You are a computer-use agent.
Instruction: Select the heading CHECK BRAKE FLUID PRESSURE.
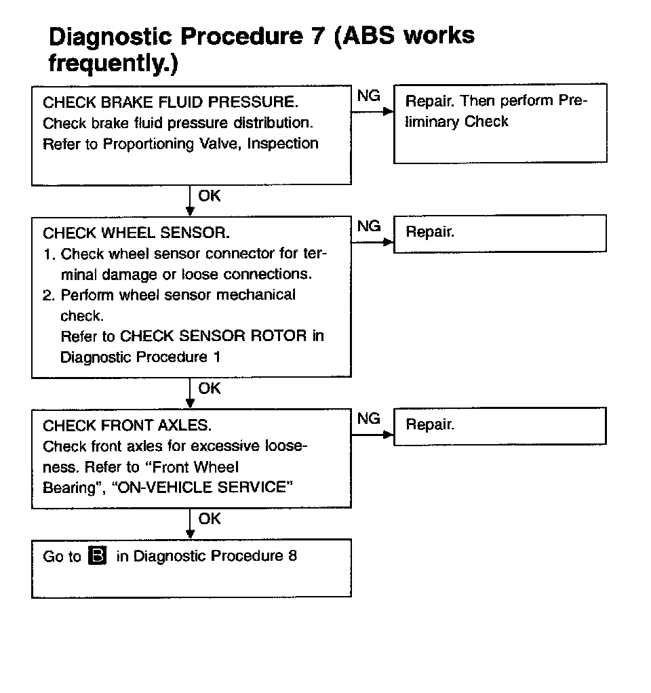coord(170,102)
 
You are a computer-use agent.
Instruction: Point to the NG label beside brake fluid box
coord(369,96)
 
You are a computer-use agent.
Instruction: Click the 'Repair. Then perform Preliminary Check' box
coord(500,123)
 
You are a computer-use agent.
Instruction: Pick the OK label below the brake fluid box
coord(210,196)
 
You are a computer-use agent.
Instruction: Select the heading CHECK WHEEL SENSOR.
coord(136,233)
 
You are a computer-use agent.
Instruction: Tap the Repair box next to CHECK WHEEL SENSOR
coord(500,233)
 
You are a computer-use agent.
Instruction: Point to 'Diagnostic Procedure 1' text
coord(140,357)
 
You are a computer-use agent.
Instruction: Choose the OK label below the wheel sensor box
coord(210,389)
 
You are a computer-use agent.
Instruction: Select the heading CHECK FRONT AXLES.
coord(127,426)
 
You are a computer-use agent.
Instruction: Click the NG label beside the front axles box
coord(369,419)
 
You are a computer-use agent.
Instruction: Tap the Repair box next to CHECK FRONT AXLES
coord(500,425)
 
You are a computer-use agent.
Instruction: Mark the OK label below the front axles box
coord(210,519)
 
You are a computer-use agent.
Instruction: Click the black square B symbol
coord(98,557)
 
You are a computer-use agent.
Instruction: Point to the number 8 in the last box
coord(292,556)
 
